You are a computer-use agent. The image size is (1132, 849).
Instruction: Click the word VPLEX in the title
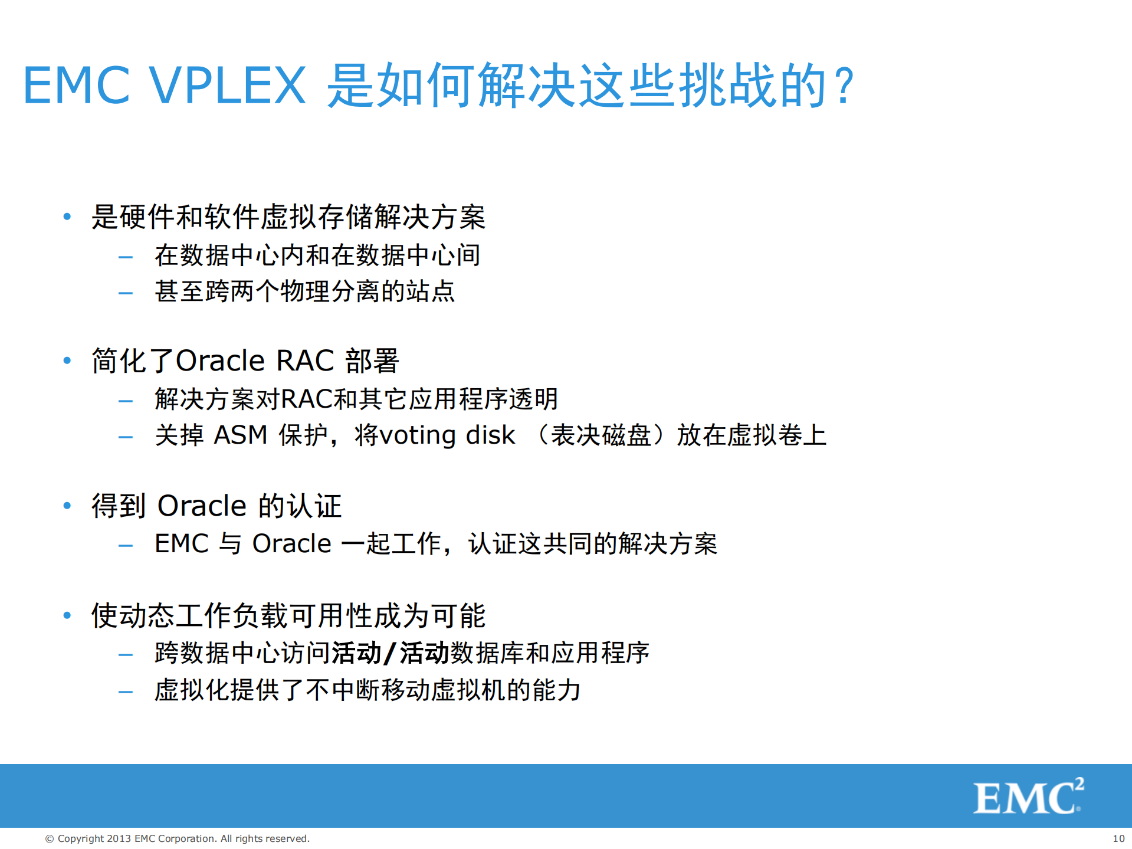pos(227,86)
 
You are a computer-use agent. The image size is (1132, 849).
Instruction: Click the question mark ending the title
pos(845,86)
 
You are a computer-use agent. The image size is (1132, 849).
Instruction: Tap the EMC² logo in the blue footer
pos(1028,796)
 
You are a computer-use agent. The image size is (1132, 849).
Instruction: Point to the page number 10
pos(1118,838)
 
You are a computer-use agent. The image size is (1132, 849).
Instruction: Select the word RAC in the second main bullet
pos(305,360)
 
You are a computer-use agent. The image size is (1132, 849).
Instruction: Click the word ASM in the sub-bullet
pos(240,435)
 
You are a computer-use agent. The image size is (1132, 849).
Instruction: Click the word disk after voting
pos(490,435)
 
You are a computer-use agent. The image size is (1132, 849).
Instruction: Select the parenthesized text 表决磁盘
pos(601,435)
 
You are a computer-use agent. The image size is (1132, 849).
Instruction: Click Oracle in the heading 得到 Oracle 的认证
pos(202,506)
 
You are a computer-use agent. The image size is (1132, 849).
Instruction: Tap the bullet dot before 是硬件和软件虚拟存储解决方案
pos(67,217)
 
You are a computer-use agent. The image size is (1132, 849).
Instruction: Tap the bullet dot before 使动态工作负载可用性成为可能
pos(67,616)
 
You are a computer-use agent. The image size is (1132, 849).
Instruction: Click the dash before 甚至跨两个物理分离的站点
pos(126,293)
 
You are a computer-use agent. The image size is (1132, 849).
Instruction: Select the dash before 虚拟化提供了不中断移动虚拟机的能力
pos(126,691)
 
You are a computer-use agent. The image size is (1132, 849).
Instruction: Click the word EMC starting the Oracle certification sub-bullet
pos(181,544)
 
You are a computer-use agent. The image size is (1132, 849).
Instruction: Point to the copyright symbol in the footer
pos(50,838)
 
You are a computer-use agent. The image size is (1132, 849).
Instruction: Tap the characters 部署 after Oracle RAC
pos(372,360)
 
